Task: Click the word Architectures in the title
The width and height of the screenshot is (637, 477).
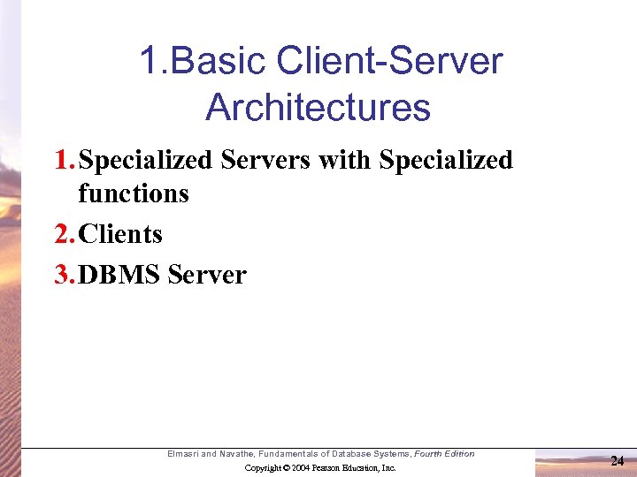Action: pyautogui.click(x=318, y=108)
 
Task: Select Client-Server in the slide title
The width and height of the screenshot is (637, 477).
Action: pyautogui.click(x=390, y=62)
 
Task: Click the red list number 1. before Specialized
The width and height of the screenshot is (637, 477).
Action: pyautogui.click(x=65, y=160)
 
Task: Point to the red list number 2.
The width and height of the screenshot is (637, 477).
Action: pyautogui.click(x=65, y=234)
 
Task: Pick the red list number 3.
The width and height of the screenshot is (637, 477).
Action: pyautogui.click(x=65, y=275)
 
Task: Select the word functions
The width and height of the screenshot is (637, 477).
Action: pyautogui.click(x=133, y=193)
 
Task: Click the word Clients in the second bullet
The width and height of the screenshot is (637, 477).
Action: pyautogui.click(x=120, y=234)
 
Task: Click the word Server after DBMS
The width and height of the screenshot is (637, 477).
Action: pyautogui.click(x=206, y=275)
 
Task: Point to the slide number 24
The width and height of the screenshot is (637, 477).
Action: pyautogui.click(x=618, y=460)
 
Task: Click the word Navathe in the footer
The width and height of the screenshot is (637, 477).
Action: pyautogui.click(x=237, y=454)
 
